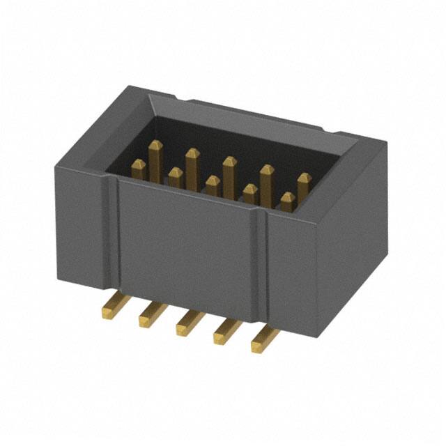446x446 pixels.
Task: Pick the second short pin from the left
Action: click(176, 178)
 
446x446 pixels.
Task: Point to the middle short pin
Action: click(213, 186)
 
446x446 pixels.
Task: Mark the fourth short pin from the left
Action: click(250, 194)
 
